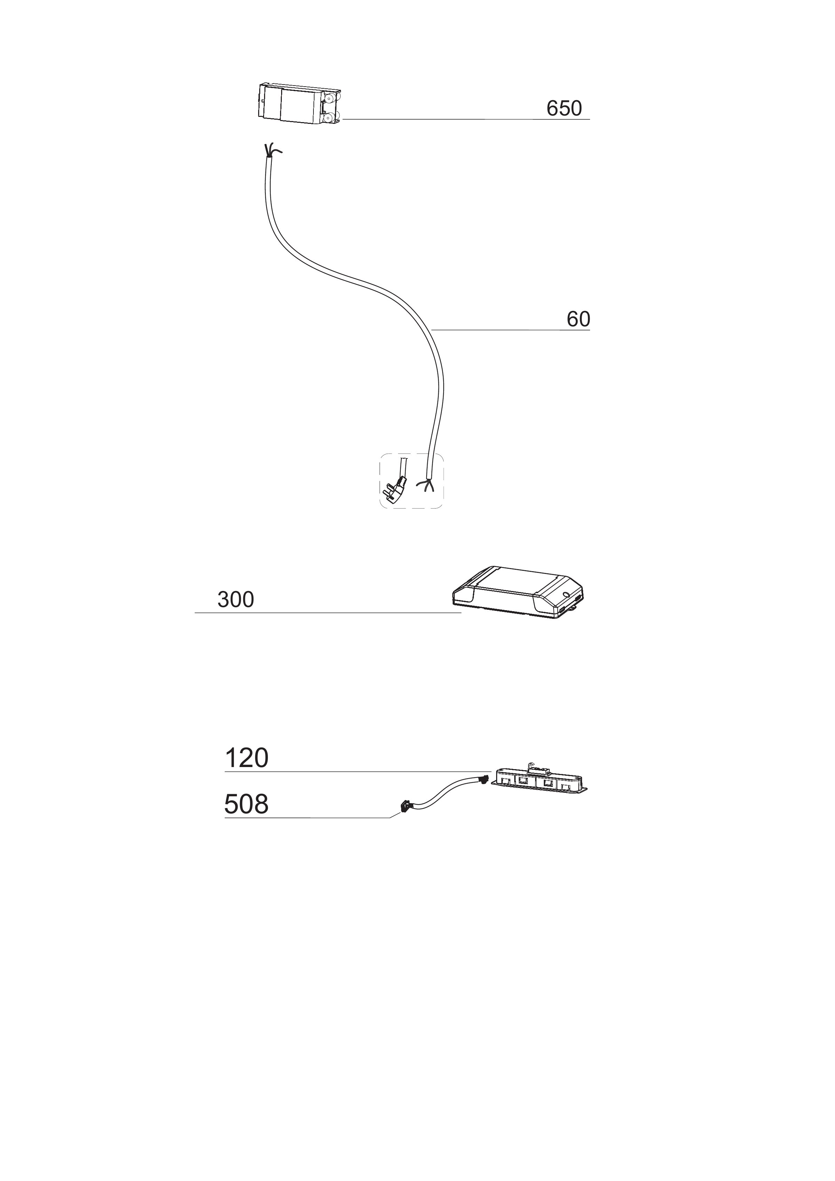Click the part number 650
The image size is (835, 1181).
point(564,109)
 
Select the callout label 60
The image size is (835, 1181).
point(578,319)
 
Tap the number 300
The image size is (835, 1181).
point(236,600)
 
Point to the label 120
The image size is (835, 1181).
point(246,758)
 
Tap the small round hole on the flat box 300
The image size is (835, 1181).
point(566,594)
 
